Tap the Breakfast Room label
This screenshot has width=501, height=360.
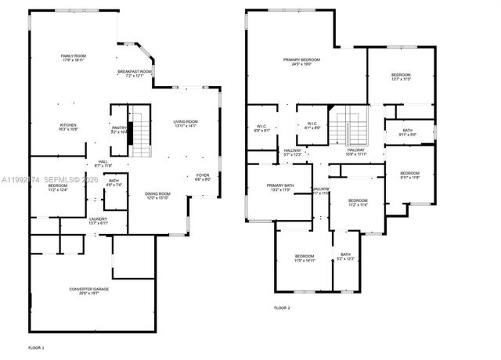[x=135, y=74]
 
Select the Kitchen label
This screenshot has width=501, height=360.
[x=68, y=127]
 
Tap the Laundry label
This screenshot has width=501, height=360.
[x=98, y=221]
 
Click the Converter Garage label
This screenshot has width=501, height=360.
[x=88, y=291]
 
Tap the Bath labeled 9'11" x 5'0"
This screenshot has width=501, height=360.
[x=407, y=132]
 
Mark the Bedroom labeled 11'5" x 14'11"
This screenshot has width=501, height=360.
[x=305, y=258]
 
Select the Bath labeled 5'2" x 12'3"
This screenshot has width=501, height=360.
[x=346, y=256]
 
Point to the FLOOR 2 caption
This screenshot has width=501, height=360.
[x=282, y=308]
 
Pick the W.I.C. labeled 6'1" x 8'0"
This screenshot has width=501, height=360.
[x=312, y=126]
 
